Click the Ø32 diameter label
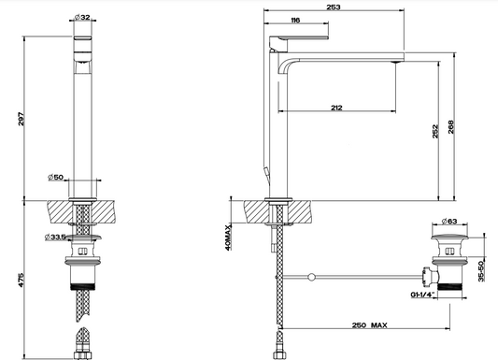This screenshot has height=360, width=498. (x=82, y=17)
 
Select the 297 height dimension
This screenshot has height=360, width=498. (x=21, y=119)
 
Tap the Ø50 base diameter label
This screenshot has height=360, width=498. (x=56, y=177)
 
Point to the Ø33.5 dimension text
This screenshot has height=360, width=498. (x=55, y=237)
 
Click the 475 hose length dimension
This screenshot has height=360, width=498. (x=21, y=280)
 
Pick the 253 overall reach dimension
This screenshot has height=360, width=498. (x=334, y=7)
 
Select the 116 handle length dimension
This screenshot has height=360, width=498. (x=295, y=21)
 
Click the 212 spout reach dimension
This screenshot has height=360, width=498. (x=336, y=108)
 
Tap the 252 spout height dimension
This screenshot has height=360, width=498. (x=435, y=131)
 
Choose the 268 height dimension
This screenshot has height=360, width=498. (x=451, y=127)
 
